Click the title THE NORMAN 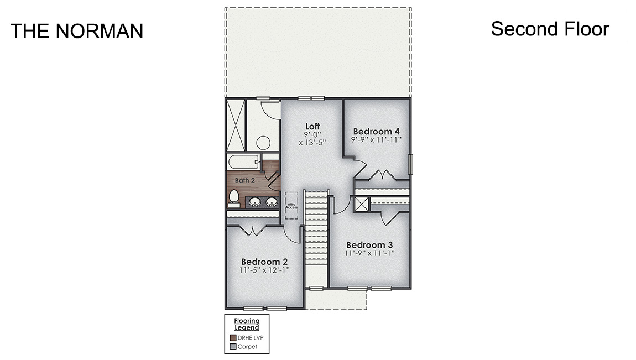(76, 31)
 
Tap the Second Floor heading (550, 29)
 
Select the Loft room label (312, 127)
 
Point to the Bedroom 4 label (376, 131)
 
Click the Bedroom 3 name (369, 245)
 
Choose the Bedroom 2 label (264, 262)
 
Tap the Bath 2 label (244, 180)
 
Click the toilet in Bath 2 (234, 197)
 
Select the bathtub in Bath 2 (243, 163)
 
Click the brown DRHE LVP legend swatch (233, 338)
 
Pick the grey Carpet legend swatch (233, 347)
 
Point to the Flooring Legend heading (246, 324)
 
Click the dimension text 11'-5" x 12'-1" (264, 270)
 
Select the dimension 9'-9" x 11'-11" (376, 140)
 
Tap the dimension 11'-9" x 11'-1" (369, 254)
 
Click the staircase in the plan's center (317, 238)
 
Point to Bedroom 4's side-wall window (410, 164)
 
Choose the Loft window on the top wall (310, 98)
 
